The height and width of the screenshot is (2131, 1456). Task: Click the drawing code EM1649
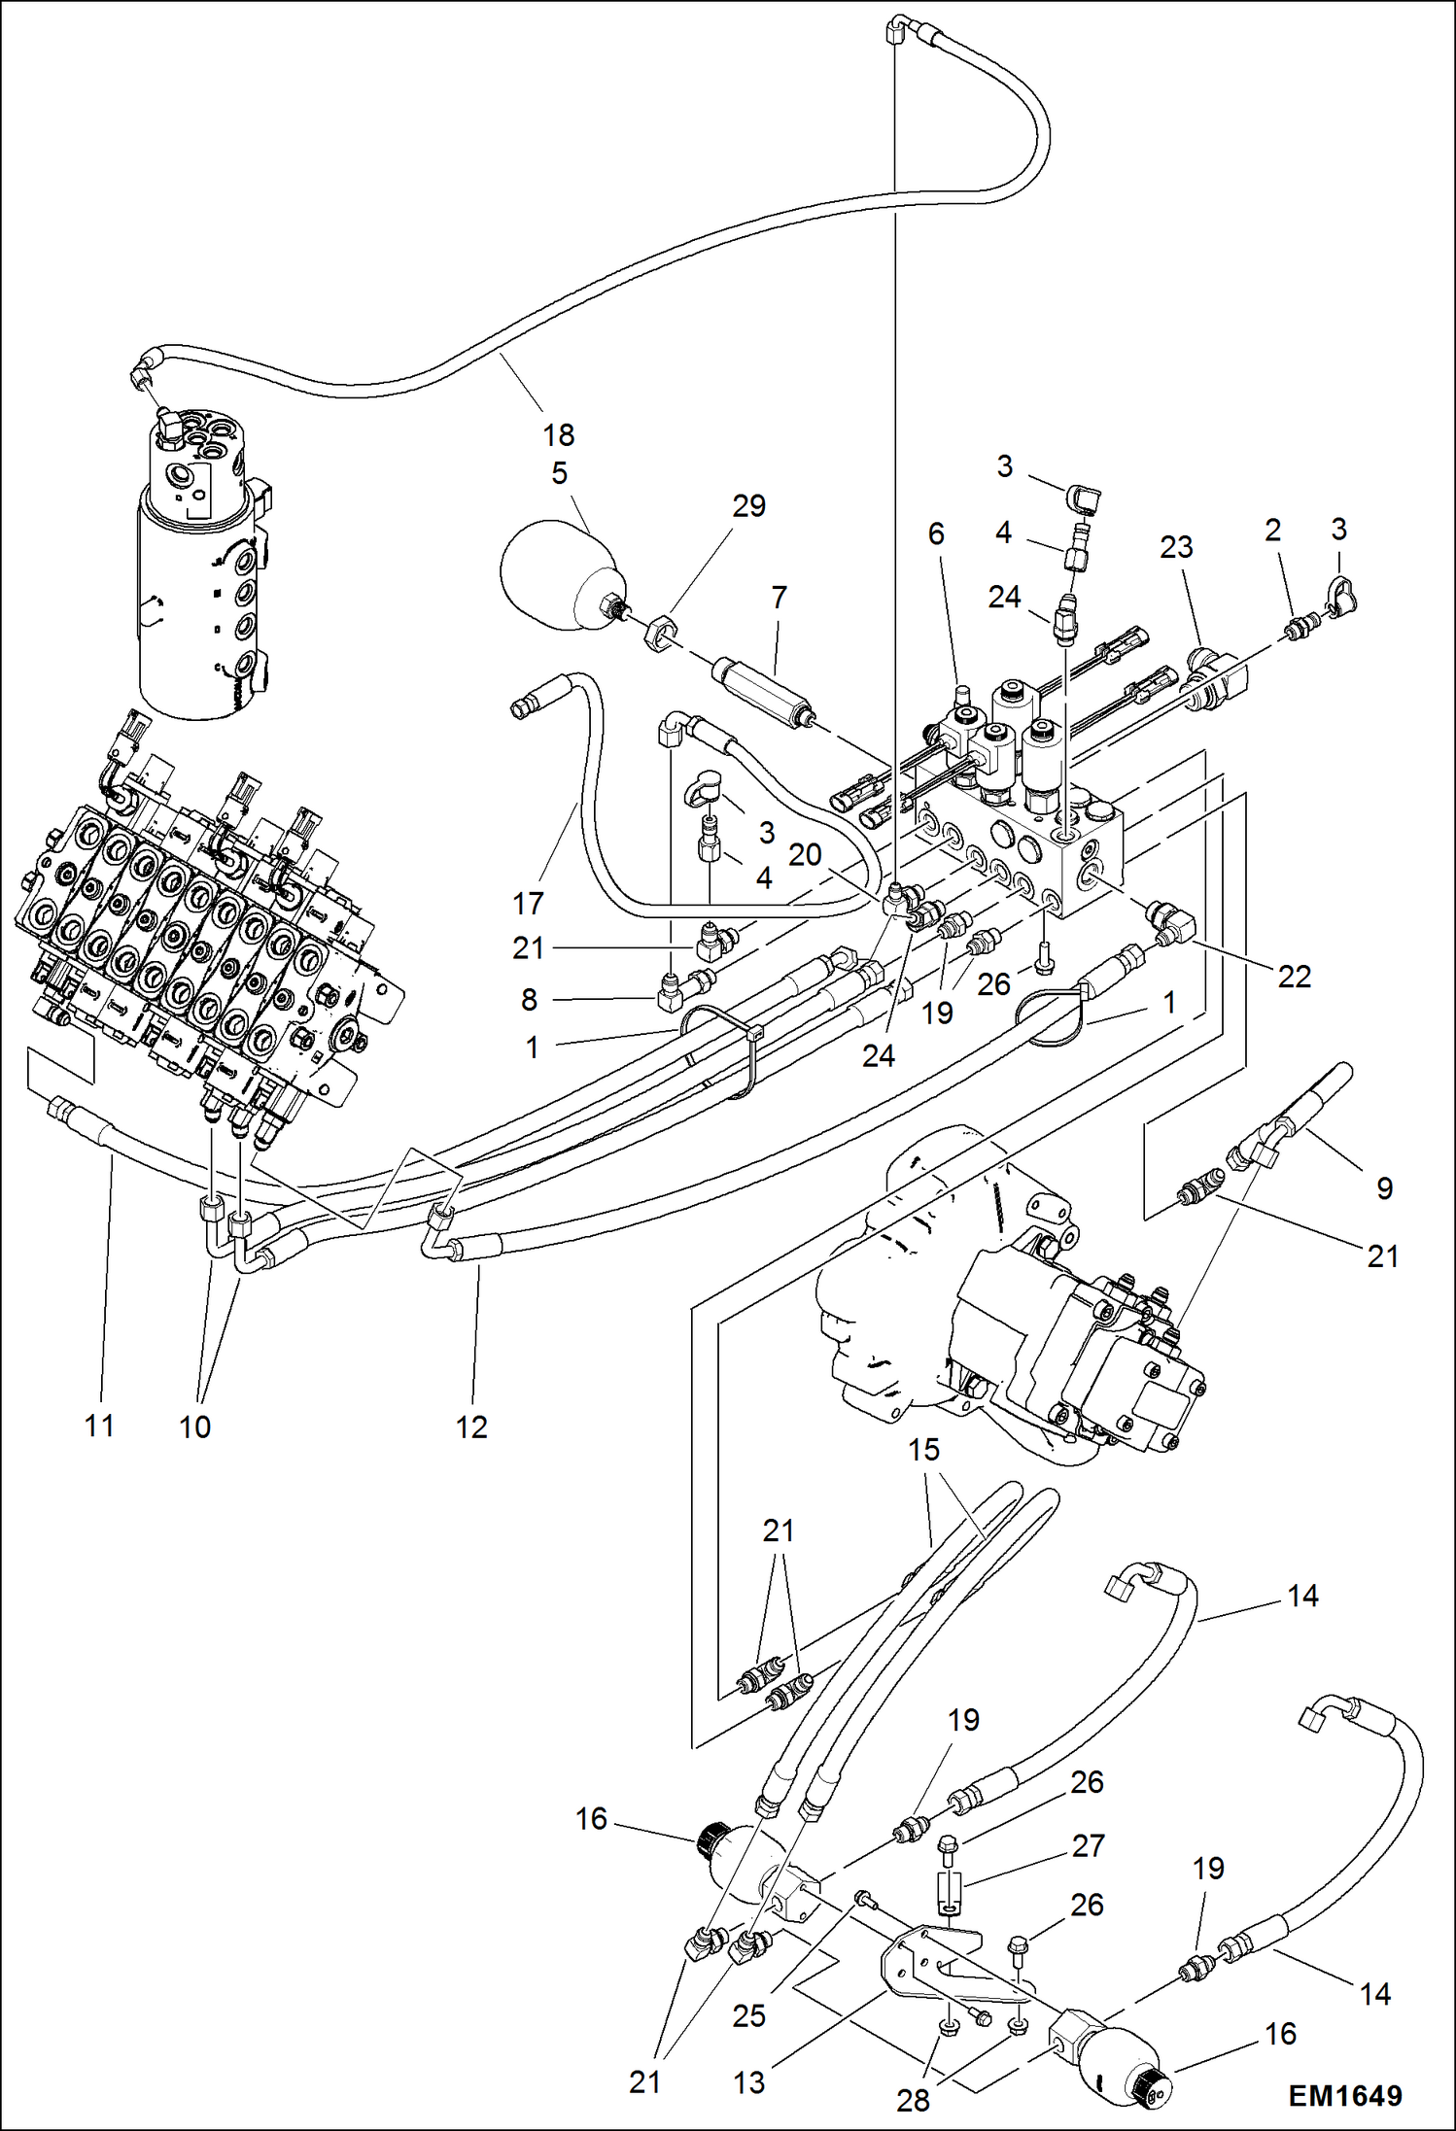tap(1345, 2095)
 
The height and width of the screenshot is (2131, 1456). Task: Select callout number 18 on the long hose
tap(558, 434)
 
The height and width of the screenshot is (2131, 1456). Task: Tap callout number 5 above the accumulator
tap(559, 473)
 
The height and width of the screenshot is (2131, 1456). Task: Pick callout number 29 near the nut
tap(748, 505)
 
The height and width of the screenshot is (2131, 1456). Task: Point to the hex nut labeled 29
tap(659, 636)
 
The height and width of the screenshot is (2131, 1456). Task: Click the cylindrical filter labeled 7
tap(763, 691)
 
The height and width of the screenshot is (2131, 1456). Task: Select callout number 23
tap(1176, 546)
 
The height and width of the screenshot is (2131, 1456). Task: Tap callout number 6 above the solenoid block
tap(936, 533)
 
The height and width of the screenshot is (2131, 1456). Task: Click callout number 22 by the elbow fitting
tap(1294, 976)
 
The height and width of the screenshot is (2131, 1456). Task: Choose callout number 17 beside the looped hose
tap(528, 904)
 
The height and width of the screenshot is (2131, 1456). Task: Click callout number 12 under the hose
tap(471, 1426)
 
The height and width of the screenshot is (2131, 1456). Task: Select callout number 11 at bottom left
tap(99, 1426)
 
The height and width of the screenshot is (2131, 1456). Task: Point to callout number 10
tap(194, 1426)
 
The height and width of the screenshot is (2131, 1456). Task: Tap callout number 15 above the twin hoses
tap(923, 1450)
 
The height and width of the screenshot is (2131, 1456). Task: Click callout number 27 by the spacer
tap(1088, 1844)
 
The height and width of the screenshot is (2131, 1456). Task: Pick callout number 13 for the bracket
tap(748, 2081)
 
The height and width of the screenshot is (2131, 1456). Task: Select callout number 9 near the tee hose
tap(1384, 1187)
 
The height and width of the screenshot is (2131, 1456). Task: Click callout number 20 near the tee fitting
tap(805, 854)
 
